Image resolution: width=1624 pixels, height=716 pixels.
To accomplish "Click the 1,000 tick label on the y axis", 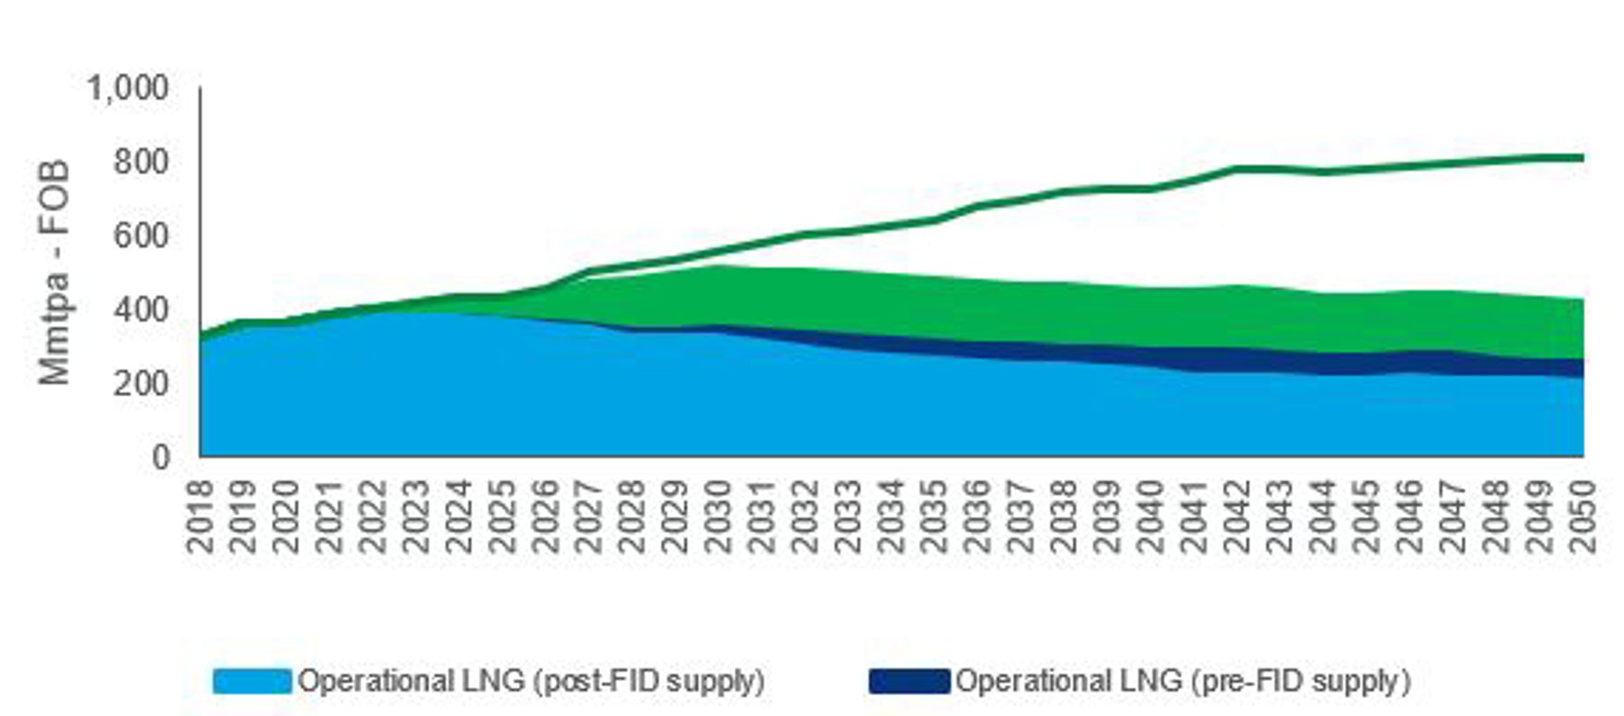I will click(x=127, y=88).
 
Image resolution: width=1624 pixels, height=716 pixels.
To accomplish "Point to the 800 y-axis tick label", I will click(x=141, y=163).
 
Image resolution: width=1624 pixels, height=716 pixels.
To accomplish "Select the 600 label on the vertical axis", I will click(x=141, y=237).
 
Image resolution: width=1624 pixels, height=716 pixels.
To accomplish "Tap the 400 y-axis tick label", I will click(x=141, y=310).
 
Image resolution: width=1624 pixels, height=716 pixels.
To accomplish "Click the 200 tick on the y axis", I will click(x=141, y=384).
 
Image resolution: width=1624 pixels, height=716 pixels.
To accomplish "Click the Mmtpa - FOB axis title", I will click(x=55, y=273).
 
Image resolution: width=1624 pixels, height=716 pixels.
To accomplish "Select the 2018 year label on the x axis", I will click(x=200, y=516).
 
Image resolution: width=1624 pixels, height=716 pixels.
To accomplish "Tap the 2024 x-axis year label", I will click(x=460, y=516).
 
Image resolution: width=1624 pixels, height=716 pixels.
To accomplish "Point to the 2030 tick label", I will click(x=719, y=516).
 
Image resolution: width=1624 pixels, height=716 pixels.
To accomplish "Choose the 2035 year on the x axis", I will click(x=936, y=516).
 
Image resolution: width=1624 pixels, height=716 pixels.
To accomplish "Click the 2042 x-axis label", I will click(x=1238, y=516).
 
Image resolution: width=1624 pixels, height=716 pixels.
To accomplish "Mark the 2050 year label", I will click(x=1583, y=516).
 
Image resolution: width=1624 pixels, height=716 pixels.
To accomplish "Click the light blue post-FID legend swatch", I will click(x=253, y=681).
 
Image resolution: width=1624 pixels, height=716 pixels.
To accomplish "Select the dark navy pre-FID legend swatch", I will click(x=909, y=681).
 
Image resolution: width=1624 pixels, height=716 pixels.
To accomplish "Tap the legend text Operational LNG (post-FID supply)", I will click(x=531, y=681).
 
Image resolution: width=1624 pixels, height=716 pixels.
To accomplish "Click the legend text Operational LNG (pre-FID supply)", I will click(x=1183, y=681).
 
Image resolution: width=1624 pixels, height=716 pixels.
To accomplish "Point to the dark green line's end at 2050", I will click(x=1582, y=158).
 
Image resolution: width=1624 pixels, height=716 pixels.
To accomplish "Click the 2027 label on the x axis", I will click(x=589, y=516).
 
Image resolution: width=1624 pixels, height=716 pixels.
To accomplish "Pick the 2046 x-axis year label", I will click(x=1410, y=516).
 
